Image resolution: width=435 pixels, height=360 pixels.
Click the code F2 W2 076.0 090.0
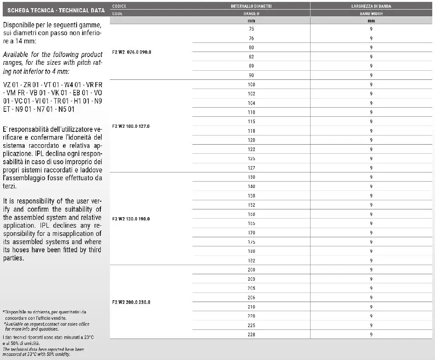131,52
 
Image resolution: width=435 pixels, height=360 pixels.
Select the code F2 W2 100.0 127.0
131,126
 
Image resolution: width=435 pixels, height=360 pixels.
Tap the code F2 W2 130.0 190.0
131,219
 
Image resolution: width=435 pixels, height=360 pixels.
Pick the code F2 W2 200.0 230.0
131,302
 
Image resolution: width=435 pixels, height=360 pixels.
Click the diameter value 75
251,29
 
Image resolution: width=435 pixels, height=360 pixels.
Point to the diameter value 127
251,167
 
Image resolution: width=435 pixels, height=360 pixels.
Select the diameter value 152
251,205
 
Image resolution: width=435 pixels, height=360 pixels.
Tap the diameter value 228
251,334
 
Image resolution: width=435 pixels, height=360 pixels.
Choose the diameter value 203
251,279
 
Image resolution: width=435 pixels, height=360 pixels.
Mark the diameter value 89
251,66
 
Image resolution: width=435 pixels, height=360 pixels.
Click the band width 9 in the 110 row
371,112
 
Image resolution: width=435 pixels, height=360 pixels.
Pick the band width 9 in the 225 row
371,325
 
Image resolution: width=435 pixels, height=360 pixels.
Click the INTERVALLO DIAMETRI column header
251,6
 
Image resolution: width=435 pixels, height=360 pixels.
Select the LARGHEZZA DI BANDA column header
371,6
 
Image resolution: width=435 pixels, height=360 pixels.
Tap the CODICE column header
119,6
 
